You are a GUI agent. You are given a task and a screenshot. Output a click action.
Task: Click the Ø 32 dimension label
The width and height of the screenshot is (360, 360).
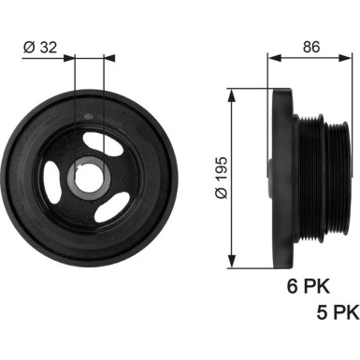click(40, 48)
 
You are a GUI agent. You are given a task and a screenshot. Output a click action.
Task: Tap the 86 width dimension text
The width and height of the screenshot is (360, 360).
click(311, 47)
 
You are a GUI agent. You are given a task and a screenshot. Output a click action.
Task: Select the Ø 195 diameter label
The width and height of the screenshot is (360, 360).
click(222, 178)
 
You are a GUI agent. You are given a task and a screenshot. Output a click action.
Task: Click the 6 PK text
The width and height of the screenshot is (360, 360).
click(309, 286)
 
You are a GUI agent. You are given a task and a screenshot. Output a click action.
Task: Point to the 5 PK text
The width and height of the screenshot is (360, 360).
click(338, 312)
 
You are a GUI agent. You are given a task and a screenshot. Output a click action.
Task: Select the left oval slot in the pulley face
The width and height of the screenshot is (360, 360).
click(52, 179)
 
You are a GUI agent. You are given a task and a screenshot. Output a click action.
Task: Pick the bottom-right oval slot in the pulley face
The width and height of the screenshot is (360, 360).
click(112, 208)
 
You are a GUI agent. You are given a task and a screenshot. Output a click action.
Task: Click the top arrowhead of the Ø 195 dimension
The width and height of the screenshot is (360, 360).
click(231, 94)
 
